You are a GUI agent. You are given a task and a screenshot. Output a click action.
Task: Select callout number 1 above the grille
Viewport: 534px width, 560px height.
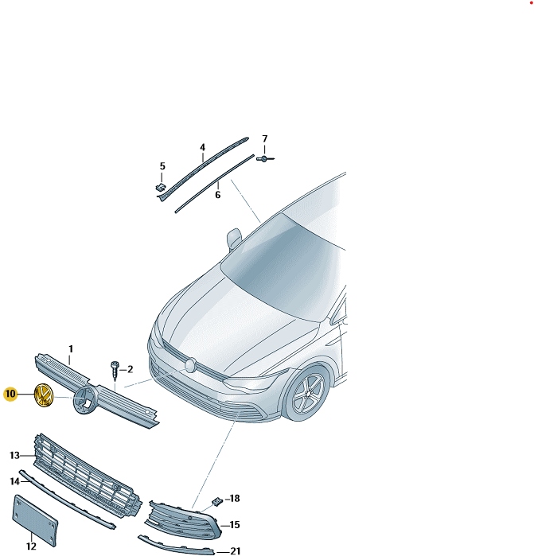(x=70, y=349)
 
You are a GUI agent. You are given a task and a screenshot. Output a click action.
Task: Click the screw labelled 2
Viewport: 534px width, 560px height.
(x=115, y=370)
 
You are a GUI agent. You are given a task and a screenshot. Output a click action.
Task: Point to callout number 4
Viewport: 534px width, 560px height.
(x=202, y=148)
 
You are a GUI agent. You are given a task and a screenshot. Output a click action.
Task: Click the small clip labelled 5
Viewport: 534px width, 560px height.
(x=159, y=186)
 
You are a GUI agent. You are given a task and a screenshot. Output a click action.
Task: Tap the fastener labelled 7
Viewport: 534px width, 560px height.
(x=263, y=159)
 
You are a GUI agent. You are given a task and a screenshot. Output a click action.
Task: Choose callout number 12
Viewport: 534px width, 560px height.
(x=31, y=546)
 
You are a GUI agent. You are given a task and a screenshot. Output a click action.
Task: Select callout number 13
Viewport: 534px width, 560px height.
(x=14, y=455)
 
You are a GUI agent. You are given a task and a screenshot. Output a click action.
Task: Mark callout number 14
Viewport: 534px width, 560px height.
(x=14, y=481)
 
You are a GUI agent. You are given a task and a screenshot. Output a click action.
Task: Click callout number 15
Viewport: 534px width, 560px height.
(x=234, y=524)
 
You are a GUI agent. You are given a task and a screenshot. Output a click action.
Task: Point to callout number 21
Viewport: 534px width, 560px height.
(x=235, y=550)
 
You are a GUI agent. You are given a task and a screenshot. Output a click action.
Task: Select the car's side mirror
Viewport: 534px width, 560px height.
(x=235, y=237)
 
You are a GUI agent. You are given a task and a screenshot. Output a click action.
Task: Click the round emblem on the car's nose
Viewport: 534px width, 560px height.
(x=190, y=364)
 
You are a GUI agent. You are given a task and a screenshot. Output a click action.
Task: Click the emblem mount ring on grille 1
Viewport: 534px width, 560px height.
(x=83, y=400)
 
